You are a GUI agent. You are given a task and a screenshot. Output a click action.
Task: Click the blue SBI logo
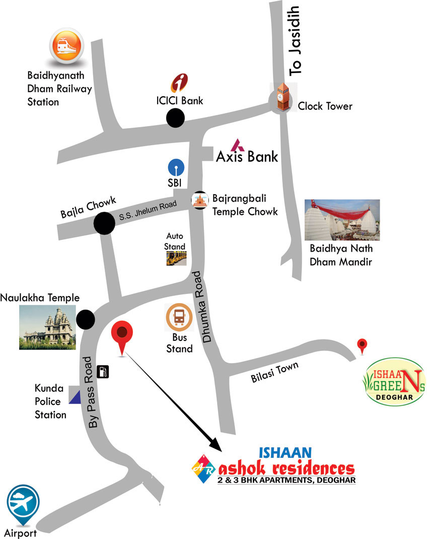pyautogui.click(x=176, y=167)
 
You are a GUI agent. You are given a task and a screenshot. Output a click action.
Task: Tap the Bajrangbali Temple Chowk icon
pyautogui.click(x=200, y=201)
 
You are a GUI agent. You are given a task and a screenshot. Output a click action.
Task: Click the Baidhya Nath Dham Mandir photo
pyautogui.click(x=342, y=220)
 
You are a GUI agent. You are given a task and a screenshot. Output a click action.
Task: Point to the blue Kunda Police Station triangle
pyautogui.click(x=75, y=398)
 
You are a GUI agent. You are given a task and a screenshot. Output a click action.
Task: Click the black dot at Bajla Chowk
pyautogui.click(x=104, y=223)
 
